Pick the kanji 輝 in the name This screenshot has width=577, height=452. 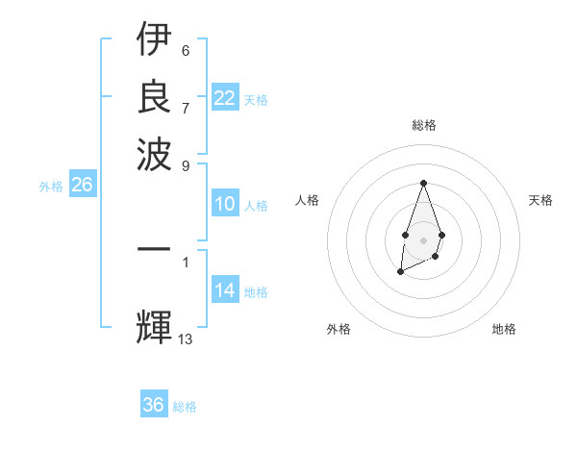(154, 327)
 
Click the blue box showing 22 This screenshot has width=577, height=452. (225, 98)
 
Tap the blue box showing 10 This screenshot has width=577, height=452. (225, 204)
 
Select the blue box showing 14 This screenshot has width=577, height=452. (225, 291)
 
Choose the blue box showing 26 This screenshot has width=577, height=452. (83, 186)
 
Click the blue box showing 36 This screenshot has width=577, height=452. (154, 405)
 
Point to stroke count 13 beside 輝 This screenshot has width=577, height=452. (186, 339)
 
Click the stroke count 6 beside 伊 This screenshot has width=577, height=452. (186, 50)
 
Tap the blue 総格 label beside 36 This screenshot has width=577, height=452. (185, 407)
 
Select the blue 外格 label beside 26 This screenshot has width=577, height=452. (51, 188)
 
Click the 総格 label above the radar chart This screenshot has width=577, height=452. (423, 125)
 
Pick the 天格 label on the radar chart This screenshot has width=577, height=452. (540, 200)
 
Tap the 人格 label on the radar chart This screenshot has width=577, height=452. (307, 200)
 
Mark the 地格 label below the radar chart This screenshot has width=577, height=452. (504, 329)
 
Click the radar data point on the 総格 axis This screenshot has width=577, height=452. (423, 183)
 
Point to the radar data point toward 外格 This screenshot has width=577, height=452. (400, 272)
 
